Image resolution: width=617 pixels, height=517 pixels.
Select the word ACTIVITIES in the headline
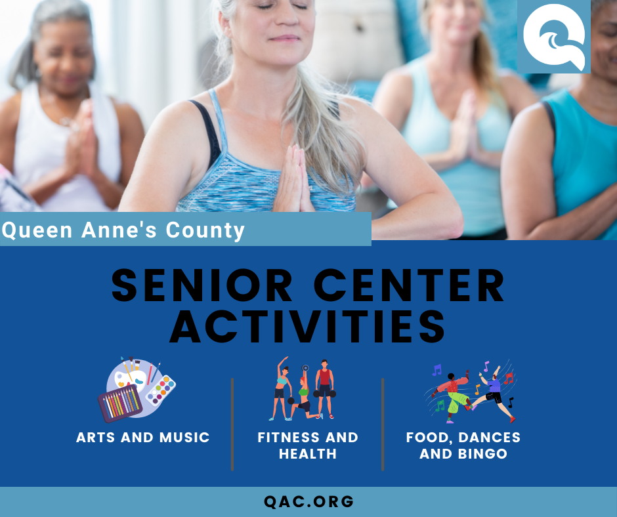308,326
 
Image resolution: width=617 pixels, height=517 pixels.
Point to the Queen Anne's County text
123,230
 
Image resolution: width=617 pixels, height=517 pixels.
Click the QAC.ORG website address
308,502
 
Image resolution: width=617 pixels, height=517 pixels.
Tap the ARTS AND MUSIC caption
142,438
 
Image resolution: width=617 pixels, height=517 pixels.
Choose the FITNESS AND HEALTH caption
308,445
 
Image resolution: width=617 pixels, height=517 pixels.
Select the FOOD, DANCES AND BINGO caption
463,445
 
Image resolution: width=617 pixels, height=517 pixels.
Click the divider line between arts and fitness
232,423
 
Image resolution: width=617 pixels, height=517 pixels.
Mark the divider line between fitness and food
383,423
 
